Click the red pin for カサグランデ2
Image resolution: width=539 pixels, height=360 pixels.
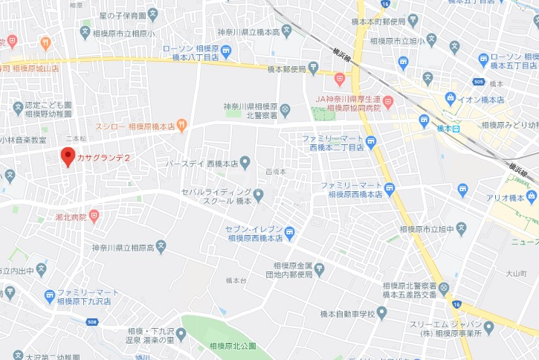pos(68,156)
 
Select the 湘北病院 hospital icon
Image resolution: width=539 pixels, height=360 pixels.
pos(93,216)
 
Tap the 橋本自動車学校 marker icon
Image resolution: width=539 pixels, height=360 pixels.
pos(382,313)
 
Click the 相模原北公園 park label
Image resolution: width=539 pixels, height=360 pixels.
pos(232,347)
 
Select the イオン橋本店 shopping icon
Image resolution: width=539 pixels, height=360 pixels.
pos(451,98)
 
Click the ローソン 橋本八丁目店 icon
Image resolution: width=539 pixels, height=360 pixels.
pos(226,51)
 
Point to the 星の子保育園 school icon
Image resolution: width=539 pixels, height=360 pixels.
pos(152,14)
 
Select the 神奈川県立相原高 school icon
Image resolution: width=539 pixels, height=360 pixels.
pos(161,247)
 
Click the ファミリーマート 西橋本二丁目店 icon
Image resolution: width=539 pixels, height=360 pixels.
pos(370,142)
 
